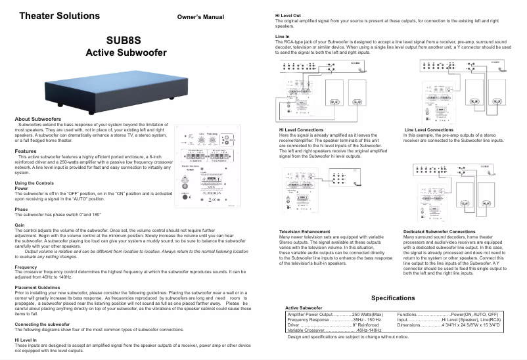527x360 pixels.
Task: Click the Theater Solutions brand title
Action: pyautogui.click(x=60, y=15)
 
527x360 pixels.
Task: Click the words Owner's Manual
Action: pyautogui.click(x=200, y=17)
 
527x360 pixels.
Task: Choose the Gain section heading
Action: pyautogui.click(x=20, y=225)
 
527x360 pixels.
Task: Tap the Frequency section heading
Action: pyautogui.click(x=26, y=267)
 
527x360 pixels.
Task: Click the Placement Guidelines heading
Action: pyautogui.click(x=39, y=287)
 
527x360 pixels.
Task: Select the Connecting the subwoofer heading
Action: pyautogui.click(x=42, y=325)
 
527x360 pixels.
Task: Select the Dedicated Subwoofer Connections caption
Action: pyautogui.click(x=439, y=232)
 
